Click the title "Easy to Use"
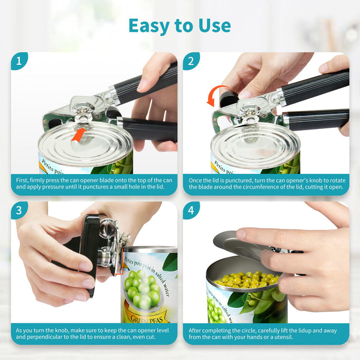tap(179, 25)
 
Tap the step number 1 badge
tap(19, 61)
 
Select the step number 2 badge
tap(191, 61)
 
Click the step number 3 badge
tap(19, 210)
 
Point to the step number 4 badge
tap(191, 210)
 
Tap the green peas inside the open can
tap(246, 280)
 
